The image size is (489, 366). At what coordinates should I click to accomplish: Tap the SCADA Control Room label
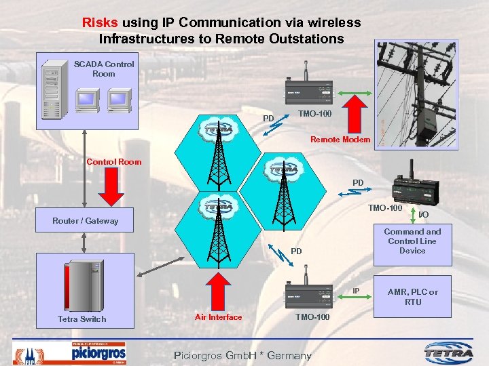(104, 69)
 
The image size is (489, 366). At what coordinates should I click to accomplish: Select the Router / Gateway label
(85, 221)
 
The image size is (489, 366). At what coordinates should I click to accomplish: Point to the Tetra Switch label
(81, 319)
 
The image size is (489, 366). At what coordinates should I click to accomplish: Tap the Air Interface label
(218, 317)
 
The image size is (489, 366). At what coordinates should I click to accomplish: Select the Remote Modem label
(340, 140)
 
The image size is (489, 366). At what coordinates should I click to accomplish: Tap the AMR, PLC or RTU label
(413, 297)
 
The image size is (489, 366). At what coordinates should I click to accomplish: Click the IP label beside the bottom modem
(355, 291)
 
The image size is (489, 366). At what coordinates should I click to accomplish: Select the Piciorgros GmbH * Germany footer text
(242, 355)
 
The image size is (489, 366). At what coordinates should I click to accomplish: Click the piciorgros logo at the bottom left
(98, 352)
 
